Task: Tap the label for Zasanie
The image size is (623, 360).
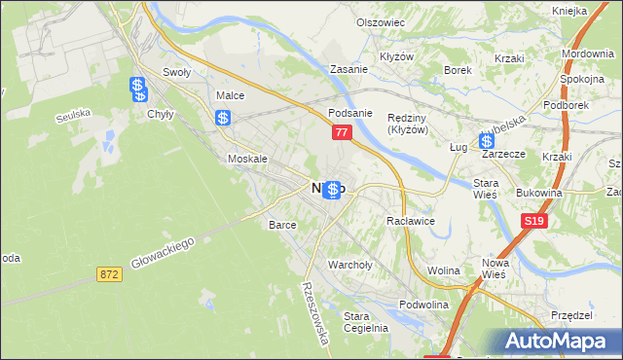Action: (x=348, y=70)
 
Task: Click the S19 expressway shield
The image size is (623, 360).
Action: (x=532, y=222)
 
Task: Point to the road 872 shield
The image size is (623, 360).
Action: (x=109, y=275)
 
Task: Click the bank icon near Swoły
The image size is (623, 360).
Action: (x=137, y=87)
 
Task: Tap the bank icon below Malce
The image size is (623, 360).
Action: (x=223, y=119)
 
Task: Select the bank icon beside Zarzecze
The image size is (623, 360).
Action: (x=486, y=141)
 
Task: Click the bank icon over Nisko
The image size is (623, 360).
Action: (x=332, y=190)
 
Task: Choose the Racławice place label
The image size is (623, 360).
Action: (x=410, y=221)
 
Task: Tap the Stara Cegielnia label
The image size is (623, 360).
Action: (x=366, y=321)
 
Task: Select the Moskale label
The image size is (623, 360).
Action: (x=247, y=158)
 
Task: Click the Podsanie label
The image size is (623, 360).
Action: (x=350, y=112)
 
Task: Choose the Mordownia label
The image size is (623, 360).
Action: (x=587, y=53)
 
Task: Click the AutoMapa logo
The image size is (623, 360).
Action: (x=561, y=340)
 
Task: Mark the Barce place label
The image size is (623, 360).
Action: (x=282, y=224)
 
